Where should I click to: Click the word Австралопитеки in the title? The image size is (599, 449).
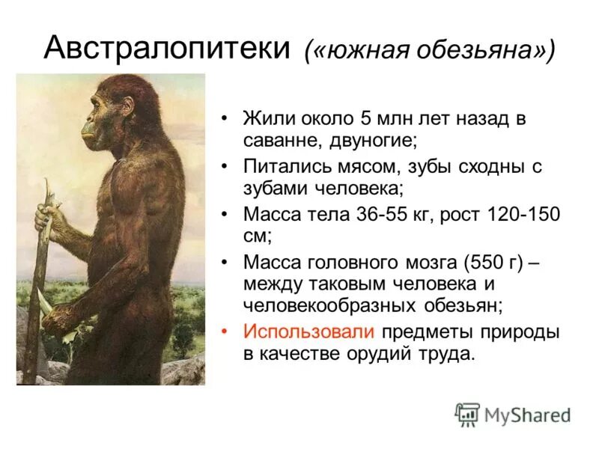point(167,49)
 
